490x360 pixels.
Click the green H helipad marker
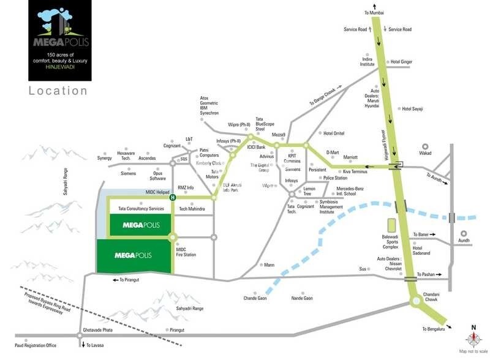pyautogui.click(x=173, y=198)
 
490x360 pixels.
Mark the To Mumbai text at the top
pyautogui.click(x=374, y=12)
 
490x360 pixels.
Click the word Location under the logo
pyautogui.click(x=59, y=91)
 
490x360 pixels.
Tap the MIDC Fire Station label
pyautogui.click(x=186, y=252)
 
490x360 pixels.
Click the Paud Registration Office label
pyautogui.click(x=36, y=345)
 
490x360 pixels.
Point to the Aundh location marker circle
pyautogui.click(x=464, y=233)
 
